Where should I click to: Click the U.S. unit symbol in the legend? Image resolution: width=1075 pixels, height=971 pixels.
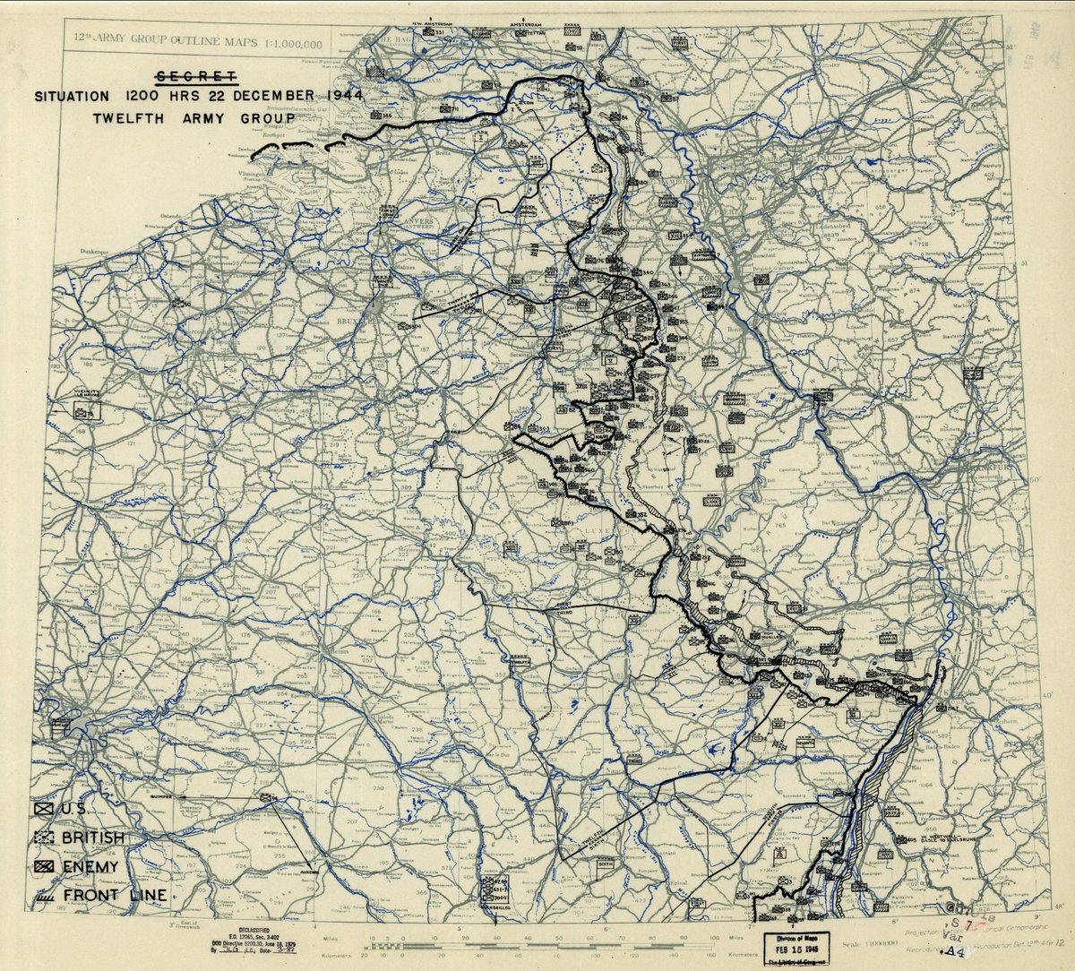(42, 809)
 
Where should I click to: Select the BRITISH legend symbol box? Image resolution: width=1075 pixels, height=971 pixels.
(42, 838)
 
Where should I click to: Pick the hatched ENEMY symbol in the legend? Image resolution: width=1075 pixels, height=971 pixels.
(42, 866)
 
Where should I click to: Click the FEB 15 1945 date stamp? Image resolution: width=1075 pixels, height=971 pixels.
(795, 944)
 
